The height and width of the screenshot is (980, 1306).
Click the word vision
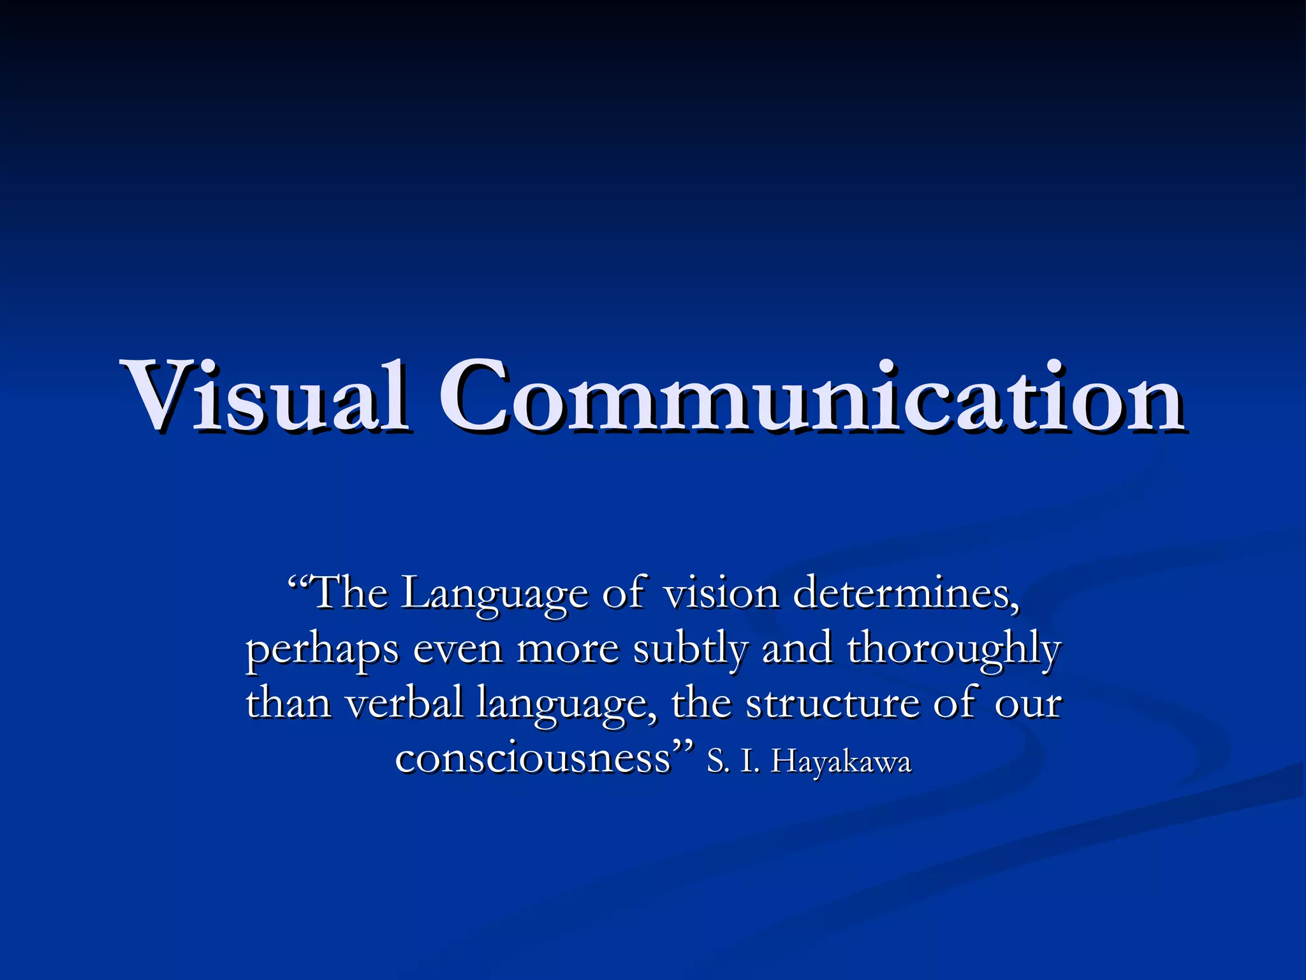(721, 593)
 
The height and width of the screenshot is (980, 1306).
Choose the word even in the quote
(458, 650)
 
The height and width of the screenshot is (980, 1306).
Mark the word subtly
(690, 650)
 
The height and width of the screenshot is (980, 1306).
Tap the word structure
(833, 704)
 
